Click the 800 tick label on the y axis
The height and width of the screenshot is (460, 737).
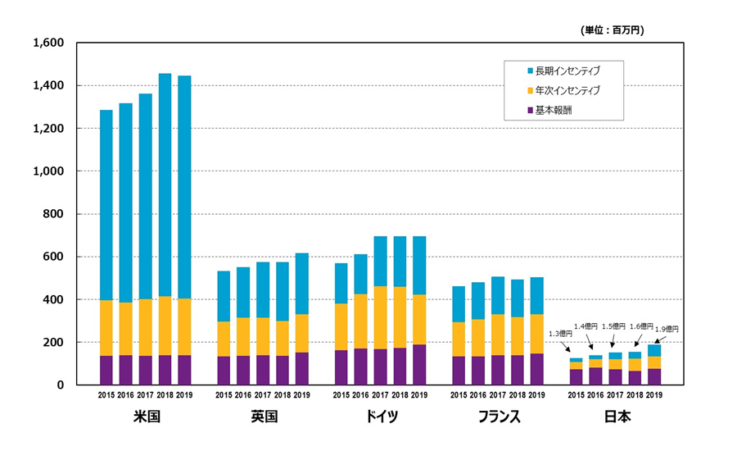[57, 214]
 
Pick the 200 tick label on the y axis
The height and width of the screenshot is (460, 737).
[57, 342]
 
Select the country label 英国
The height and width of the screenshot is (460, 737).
[263, 417]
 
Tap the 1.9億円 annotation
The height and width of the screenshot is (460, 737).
[667, 329]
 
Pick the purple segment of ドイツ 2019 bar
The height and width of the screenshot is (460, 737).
[419, 364]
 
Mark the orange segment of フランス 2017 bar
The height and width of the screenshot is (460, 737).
[497, 335]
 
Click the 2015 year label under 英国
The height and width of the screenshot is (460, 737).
[224, 395]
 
